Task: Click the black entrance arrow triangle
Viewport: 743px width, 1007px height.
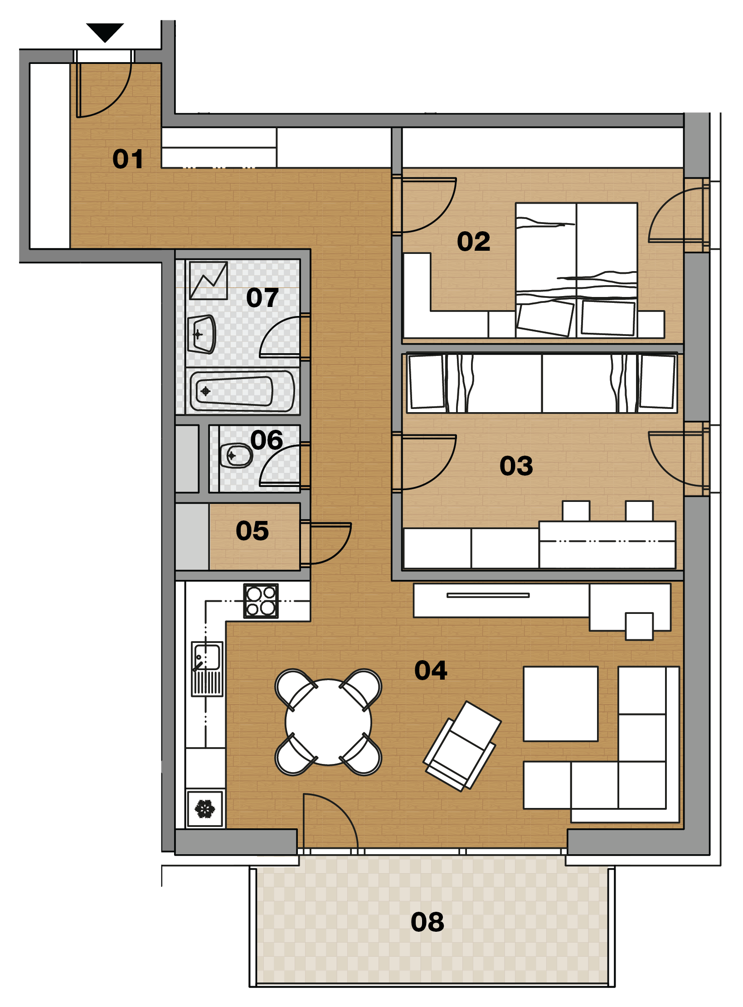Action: pos(105,32)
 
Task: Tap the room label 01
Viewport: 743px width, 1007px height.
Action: pos(128,159)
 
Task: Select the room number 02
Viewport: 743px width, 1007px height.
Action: pos(474,241)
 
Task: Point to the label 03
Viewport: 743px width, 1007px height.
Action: pos(516,466)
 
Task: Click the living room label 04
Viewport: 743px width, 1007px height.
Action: pos(431,670)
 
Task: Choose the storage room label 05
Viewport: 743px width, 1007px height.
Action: pos(252,530)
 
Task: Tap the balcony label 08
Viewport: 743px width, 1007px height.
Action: pos(427,922)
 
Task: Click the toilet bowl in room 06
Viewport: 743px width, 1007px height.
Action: pos(236,455)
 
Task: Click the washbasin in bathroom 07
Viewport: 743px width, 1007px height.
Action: pos(202,334)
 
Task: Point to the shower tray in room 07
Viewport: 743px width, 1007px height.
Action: pos(209,280)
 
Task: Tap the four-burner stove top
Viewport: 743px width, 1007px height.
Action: pos(261,601)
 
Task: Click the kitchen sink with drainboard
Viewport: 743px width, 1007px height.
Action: pos(207,669)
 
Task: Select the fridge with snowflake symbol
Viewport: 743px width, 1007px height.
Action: pos(205,809)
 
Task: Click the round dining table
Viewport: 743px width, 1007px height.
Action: pos(328,722)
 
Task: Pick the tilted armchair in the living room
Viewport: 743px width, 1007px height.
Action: pos(462,746)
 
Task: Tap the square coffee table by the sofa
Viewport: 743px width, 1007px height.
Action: pos(561,704)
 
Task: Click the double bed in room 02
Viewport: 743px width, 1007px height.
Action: pos(577,270)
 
